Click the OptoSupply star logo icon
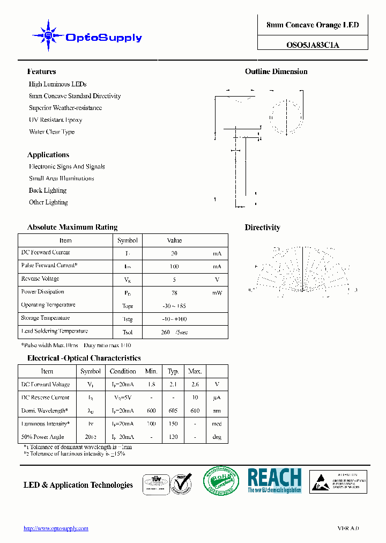[x=48, y=35]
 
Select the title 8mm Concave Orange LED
[x=313, y=25]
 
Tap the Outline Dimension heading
[x=276, y=71]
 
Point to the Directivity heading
[x=262, y=228]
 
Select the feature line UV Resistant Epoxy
[x=55, y=120]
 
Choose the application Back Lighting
[x=48, y=190]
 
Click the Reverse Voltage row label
[x=40, y=279]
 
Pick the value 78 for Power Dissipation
[x=174, y=292]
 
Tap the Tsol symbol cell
[x=128, y=332]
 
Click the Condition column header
[x=123, y=371]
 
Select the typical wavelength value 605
[x=173, y=411]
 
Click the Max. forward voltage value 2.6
[x=195, y=385]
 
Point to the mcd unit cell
[x=217, y=424]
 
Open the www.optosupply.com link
[x=56, y=529]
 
